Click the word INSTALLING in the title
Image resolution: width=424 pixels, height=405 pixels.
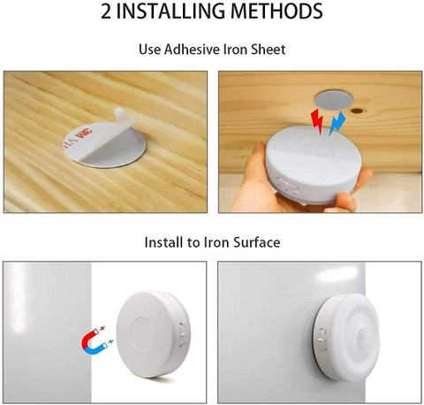(173, 11)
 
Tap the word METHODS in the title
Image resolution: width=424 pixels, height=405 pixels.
(277, 11)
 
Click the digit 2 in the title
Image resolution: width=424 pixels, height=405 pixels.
(106, 11)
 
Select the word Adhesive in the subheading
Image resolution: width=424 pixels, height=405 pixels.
(193, 50)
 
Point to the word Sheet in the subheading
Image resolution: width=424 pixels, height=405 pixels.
(269, 50)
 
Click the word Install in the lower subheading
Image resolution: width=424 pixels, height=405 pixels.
(164, 242)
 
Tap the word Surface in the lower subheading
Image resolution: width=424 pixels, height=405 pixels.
(257, 242)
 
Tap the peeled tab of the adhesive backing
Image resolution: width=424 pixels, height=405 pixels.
(120, 113)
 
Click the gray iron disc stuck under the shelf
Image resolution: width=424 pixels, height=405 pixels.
(333, 100)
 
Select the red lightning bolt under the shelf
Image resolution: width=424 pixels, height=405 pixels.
(317, 121)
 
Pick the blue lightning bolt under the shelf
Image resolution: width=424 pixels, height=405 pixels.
(337, 123)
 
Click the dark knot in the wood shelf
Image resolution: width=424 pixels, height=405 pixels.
(357, 111)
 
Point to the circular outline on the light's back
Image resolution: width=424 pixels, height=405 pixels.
(145, 333)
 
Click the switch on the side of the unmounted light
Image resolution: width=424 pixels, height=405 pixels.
(182, 333)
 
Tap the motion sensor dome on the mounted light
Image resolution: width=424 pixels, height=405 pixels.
(362, 335)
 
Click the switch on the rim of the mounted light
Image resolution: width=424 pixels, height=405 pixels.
(322, 339)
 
